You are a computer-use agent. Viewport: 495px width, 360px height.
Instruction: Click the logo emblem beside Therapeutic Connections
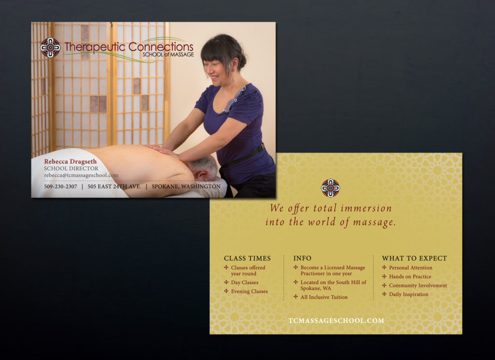[x=50, y=48]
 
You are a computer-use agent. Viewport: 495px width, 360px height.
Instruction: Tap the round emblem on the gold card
[x=330, y=188]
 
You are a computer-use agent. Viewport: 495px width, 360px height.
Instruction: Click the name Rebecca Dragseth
[x=71, y=161]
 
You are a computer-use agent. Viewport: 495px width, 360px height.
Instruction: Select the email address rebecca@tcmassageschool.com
[x=81, y=175]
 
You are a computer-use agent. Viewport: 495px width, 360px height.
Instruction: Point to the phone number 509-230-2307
[x=60, y=187]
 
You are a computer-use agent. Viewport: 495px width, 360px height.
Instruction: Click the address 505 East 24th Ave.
[x=114, y=187]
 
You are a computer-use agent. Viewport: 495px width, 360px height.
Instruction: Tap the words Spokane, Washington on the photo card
[x=186, y=187]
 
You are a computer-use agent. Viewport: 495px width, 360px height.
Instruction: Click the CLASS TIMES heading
[x=247, y=259]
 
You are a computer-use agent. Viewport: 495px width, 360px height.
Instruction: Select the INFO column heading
[x=302, y=259]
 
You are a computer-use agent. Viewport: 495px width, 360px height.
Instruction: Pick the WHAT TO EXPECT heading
[x=414, y=259]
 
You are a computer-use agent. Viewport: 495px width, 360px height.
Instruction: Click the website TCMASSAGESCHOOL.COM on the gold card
[x=336, y=320]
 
